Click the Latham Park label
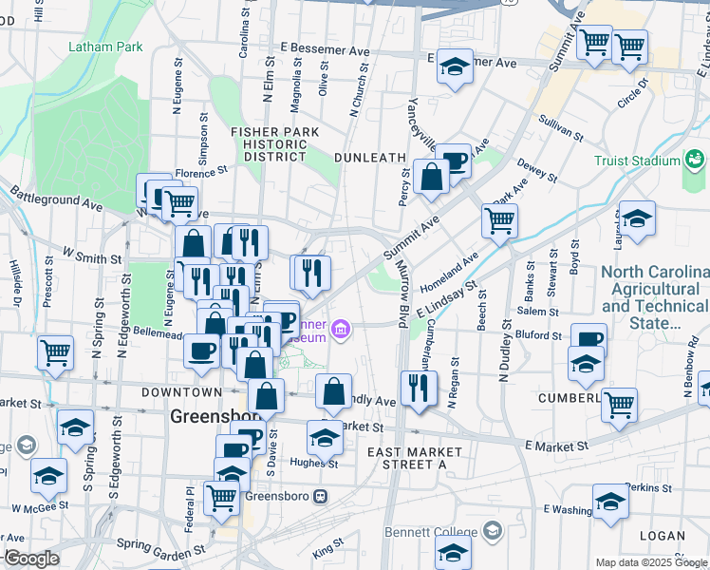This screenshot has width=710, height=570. click(104, 46)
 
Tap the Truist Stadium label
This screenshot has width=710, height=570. click(637, 161)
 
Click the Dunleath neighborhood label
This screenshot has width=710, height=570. click(370, 157)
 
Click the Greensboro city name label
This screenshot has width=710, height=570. click(210, 416)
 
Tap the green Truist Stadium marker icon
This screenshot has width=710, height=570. click(695, 157)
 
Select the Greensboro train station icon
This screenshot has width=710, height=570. click(322, 496)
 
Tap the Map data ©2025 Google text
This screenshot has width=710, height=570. click(652, 562)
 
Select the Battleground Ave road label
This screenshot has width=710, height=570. click(57, 199)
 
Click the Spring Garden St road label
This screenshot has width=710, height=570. click(160, 548)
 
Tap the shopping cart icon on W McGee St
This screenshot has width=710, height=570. click(221, 496)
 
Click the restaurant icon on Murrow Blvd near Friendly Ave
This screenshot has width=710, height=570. click(419, 387)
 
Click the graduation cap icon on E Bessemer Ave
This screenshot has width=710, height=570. click(456, 66)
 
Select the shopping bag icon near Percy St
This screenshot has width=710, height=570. click(431, 177)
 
